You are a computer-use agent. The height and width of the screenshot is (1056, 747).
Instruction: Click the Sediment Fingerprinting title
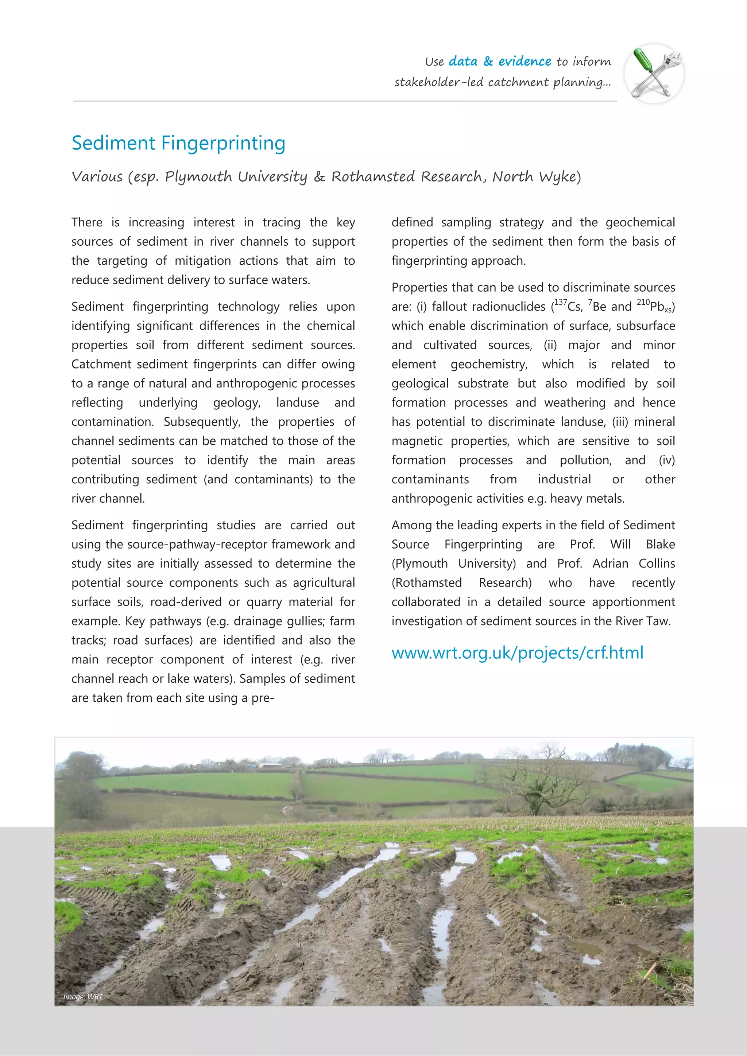click(x=179, y=143)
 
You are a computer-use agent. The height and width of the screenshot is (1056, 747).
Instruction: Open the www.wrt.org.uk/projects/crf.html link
click(x=517, y=652)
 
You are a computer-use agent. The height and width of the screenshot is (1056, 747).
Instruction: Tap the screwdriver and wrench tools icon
click(x=654, y=74)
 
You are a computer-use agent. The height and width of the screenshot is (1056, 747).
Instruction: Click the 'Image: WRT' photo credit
click(x=83, y=997)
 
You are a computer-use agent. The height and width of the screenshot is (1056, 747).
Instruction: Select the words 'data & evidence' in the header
click(x=500, y=61)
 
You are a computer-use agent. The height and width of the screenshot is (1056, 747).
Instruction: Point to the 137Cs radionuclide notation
click(x=568, y=306)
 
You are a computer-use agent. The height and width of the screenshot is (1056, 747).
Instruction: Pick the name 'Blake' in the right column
click(x=660, y=544)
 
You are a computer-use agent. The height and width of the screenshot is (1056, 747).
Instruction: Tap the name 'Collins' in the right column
click(x=657, y=564)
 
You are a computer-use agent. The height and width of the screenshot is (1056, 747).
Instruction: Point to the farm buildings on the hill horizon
click(x=270, y=765)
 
